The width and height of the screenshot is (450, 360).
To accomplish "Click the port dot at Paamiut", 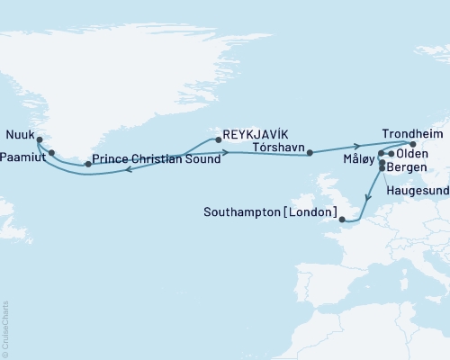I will coord(52,152).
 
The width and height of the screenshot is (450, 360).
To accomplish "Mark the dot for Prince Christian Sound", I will coord(87,164).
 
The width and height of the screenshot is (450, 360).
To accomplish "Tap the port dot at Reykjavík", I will coord(217,139).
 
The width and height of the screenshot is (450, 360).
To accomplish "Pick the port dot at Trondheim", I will coord(412,143).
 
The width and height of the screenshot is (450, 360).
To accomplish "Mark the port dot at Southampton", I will coord(341,218).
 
